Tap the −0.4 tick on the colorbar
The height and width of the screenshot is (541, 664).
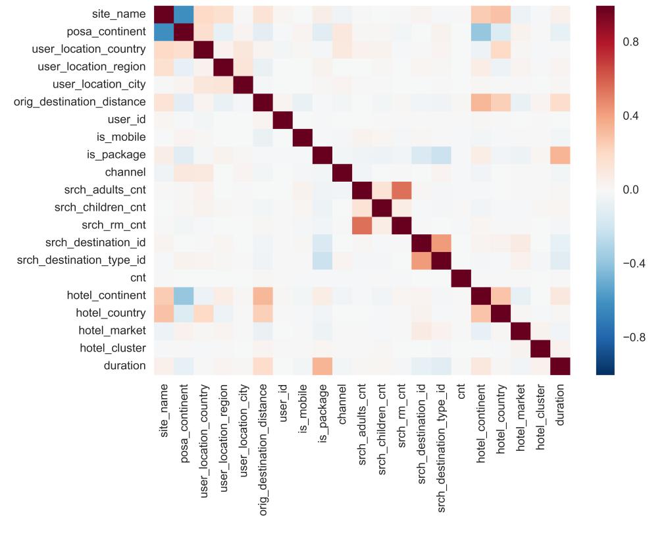[634, 263]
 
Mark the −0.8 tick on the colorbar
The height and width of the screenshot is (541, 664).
[634, 337]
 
